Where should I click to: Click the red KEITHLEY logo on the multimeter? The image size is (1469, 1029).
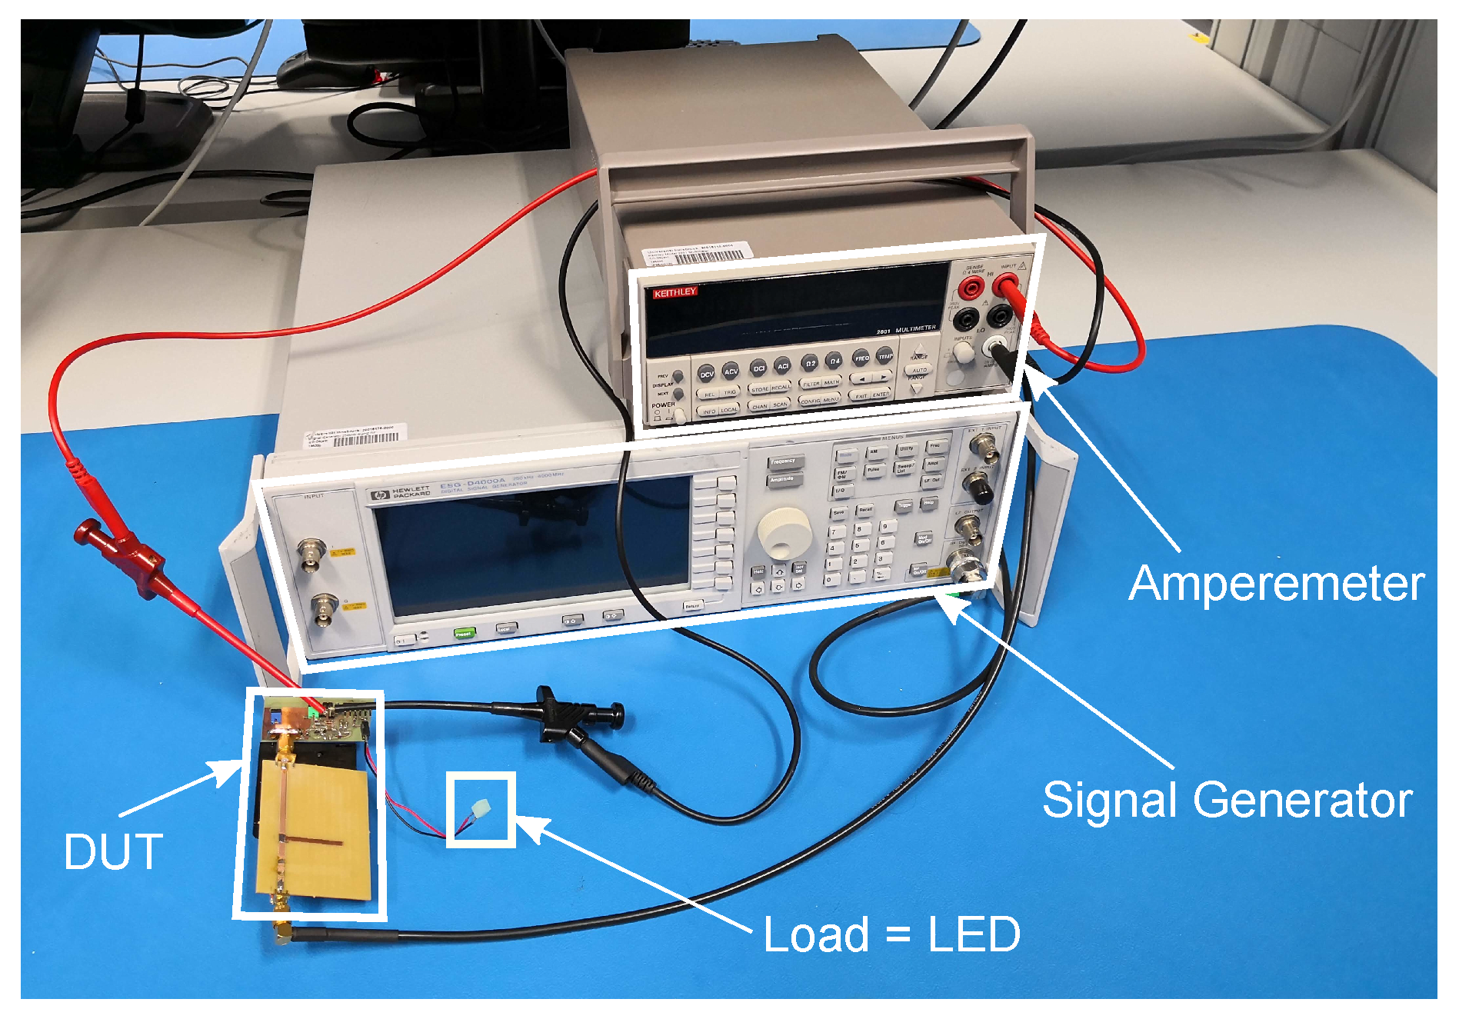tap(675, 292)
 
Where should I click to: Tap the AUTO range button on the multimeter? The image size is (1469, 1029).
tap(918, 370)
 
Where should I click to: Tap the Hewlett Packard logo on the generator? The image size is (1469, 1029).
tap(379, 495)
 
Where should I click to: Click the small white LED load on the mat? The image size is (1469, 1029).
tap(481, 810)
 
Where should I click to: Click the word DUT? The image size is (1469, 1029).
tap(114, 852)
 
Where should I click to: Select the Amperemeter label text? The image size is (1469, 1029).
tap(1276, 584)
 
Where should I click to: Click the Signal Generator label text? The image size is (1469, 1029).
tap(1227, 800)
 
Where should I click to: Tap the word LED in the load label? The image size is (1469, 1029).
tap(974, 935)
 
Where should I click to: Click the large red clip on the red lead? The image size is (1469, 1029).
tap(123, 554)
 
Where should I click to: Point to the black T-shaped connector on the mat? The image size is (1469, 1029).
tap(569, 715)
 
